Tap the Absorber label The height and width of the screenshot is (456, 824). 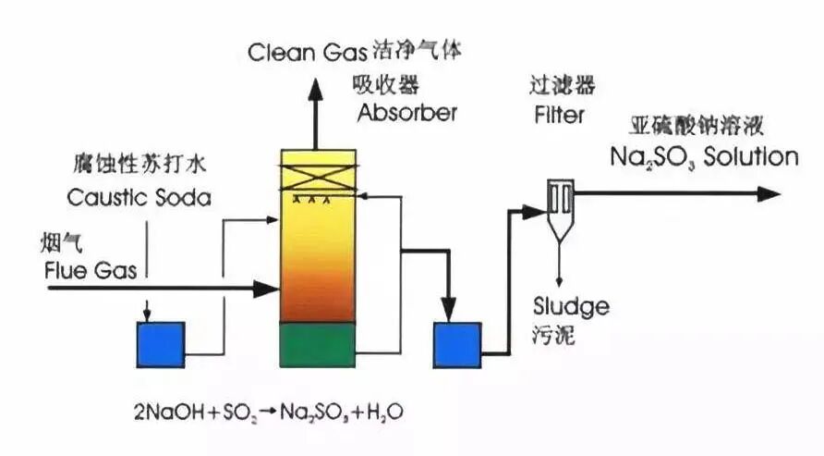(x=407, y=114)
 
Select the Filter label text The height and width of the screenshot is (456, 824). (x=559, y=116)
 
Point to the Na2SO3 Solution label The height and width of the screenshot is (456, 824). (x=703, y=156)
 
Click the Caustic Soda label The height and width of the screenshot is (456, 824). (x=139, y=198)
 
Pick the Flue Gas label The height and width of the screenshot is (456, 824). (x=91, y=270)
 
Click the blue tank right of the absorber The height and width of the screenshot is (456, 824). (x=456, y=344)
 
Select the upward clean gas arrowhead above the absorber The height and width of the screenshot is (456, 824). (x=315, y=89)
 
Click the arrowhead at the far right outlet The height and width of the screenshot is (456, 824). (x=771, y=193)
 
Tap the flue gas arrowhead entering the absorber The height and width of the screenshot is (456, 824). (x=268, y=290)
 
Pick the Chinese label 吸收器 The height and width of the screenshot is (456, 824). (x=385, y=84)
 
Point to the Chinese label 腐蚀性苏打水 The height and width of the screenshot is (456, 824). (x=139, y=165)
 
